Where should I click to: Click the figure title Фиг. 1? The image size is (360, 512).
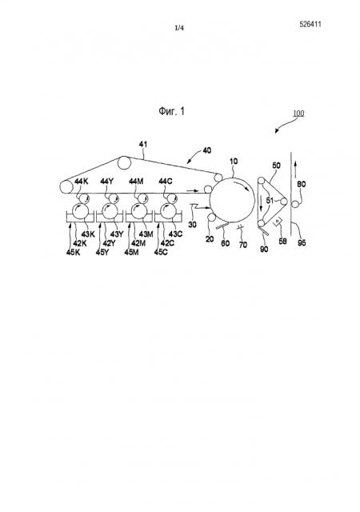click(171, 111)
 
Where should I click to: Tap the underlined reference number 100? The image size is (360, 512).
click(298, 114)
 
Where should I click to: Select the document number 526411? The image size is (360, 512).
click(310, 24)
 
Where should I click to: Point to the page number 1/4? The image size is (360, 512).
click(179, 28)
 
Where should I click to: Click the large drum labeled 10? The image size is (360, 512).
click(232, 199)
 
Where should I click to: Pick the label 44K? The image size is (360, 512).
click(82, 182)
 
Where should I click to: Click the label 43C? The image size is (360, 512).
click(175, 234)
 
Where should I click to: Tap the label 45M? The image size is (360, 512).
click(131, 252)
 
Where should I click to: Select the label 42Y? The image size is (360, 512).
click(109, 243)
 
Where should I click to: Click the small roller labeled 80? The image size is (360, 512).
click(295, 205)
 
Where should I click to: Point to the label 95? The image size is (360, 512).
click(302, 242)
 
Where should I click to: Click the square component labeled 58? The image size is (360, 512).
click(278, 222)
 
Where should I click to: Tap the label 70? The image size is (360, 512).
click(242, 245)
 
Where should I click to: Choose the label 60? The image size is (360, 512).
click(226, 243)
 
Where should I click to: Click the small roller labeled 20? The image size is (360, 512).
click(211, 218)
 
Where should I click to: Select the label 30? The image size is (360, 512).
click(193, 224)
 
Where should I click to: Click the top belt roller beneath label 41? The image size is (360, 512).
click(124, 162)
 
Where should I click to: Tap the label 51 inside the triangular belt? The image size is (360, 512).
click(270, 201)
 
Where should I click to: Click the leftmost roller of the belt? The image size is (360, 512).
click(66, 186)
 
